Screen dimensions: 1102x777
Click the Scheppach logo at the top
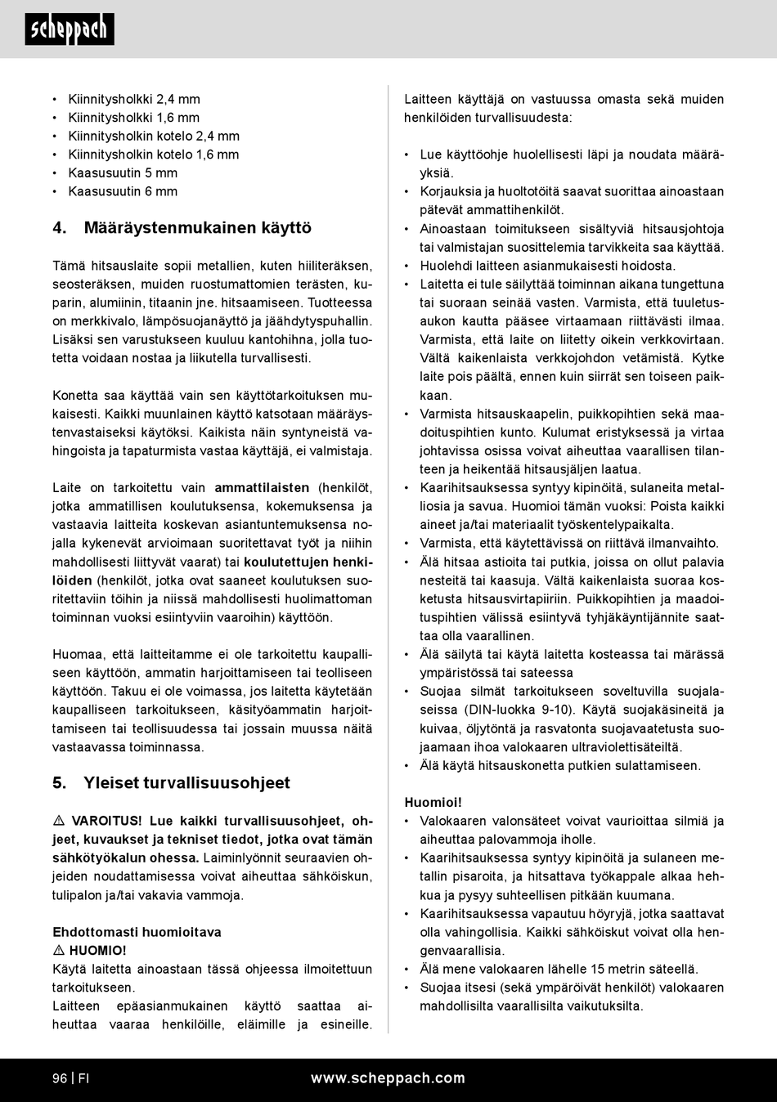pyautogui.click(x=70, y=30)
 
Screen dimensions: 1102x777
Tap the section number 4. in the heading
pyautogui.click(x=60, y=228)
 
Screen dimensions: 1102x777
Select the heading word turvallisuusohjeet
pyautogui.click(x=217, y=783)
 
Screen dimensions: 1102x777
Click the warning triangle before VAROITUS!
pyautogui.click(x=59, y=821)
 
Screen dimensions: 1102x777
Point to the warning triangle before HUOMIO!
pyautogui.click(x=59, y=951)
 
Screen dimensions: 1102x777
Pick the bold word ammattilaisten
pyautogui.click(x=262, y=488)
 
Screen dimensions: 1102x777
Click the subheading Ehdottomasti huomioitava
pyautogui.click(x=137, y=932)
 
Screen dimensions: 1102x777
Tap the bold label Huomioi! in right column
pyautogui.click(x=433, y=803)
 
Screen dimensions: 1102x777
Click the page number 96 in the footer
pyautogui.click(x=59, y=1078)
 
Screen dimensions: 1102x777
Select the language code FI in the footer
pyautogui.click(x=83, y=1078)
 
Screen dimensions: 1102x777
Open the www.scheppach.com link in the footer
pyautogui.click(x=388, y=1078)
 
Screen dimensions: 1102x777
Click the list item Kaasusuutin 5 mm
pyautogui.click(x=123, y=173)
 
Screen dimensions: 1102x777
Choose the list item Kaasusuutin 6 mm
pyautogui.click(x=123, y=192)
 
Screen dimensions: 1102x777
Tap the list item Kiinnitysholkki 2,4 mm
pyautogui.click(x=134, y=100)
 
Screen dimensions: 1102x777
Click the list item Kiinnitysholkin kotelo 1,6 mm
pyautogui.click(x=154, y=155)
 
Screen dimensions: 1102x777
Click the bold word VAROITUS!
pyautogui.click(x=106, y=821)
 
